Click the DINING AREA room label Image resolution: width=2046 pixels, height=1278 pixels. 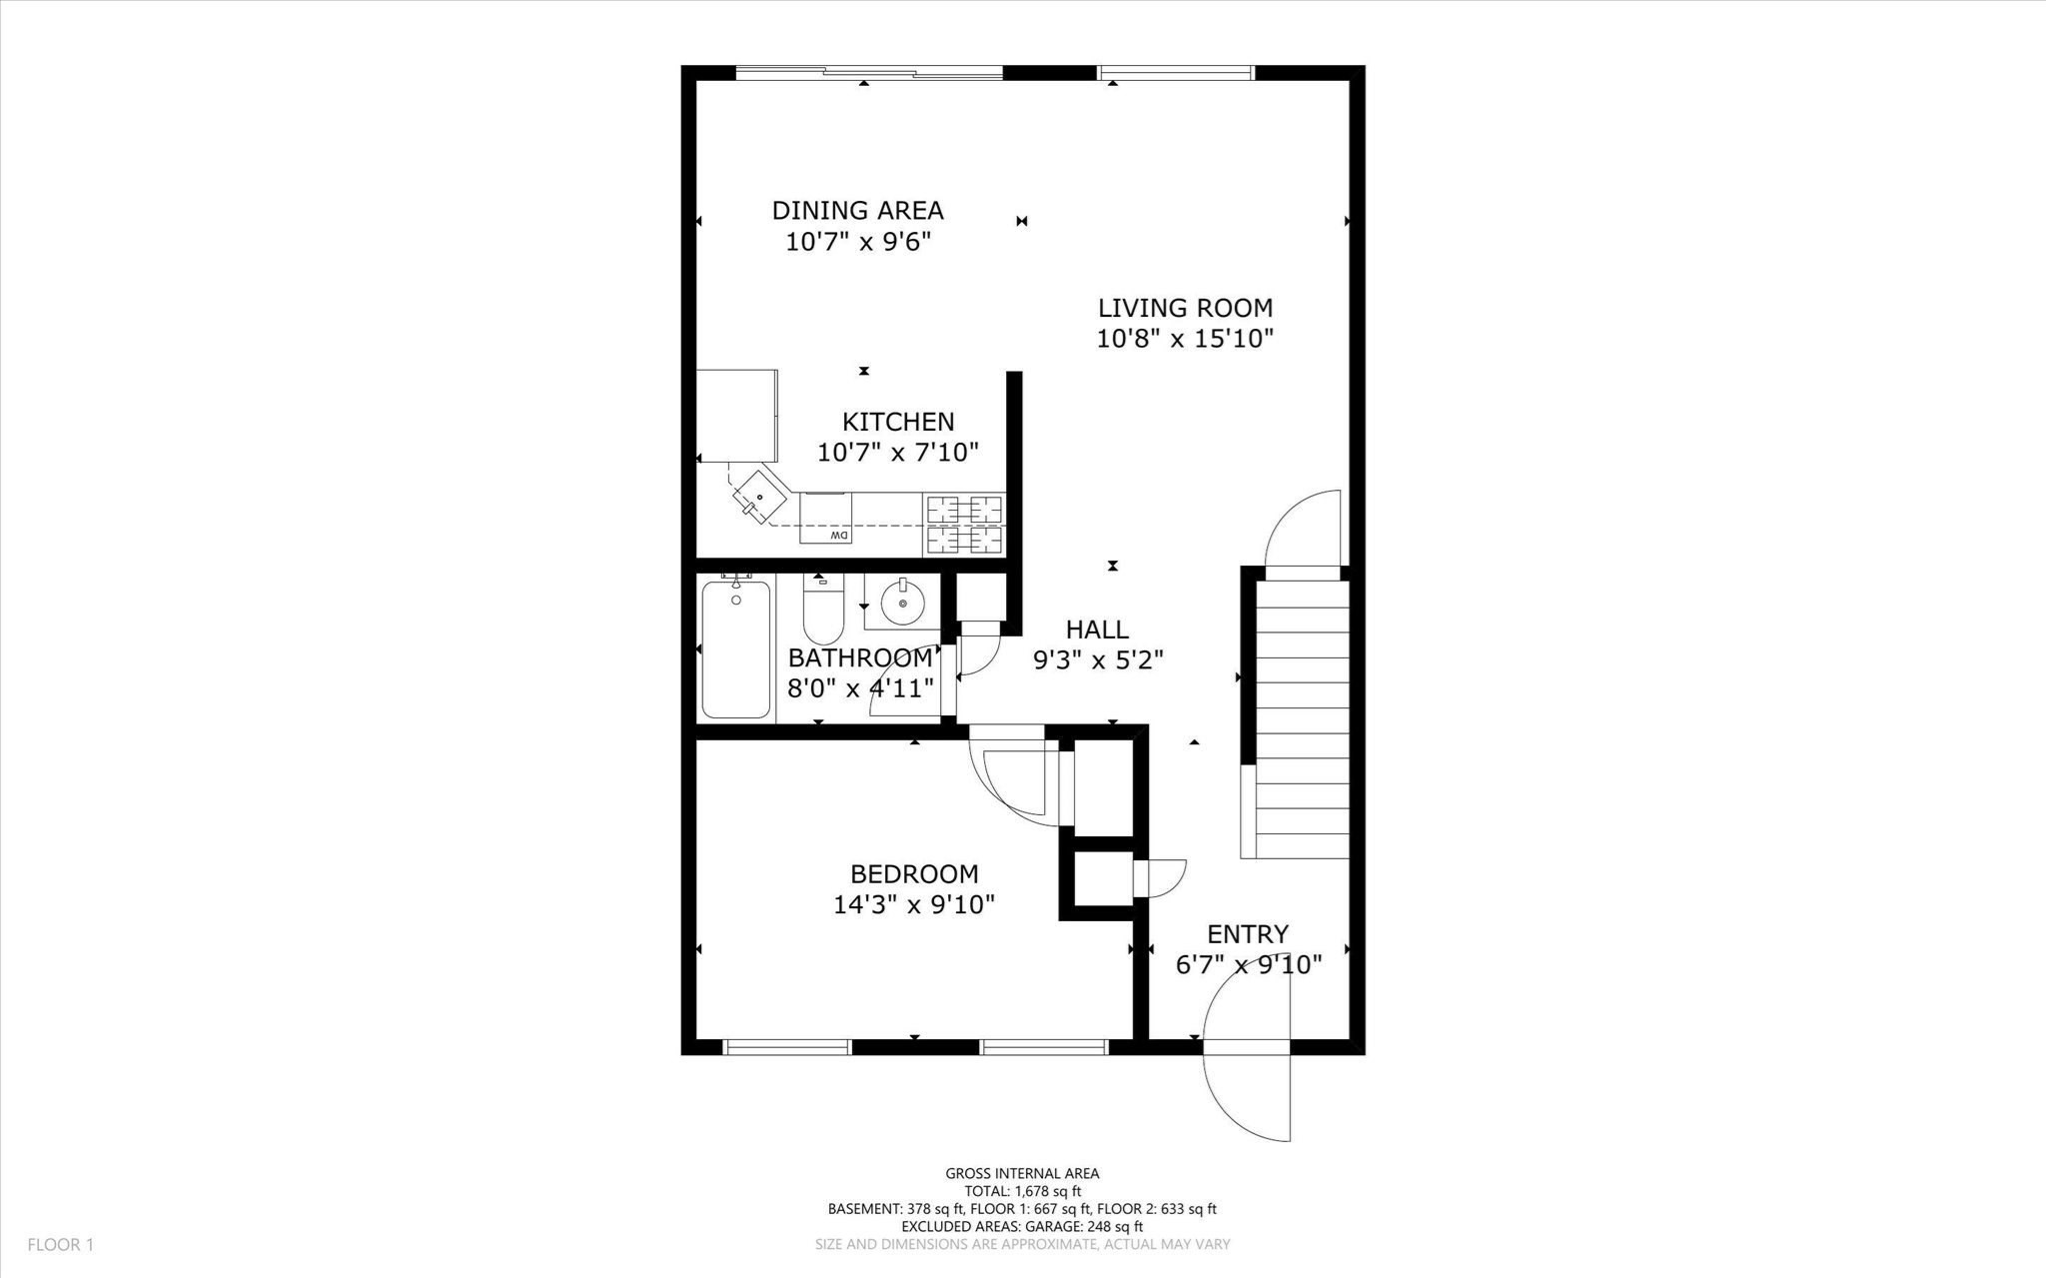857,211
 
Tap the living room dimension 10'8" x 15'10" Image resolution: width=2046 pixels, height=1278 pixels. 1185,339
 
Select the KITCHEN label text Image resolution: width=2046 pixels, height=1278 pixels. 897,422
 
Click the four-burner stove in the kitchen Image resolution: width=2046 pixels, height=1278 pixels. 964,525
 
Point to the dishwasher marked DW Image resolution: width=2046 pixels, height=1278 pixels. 825,520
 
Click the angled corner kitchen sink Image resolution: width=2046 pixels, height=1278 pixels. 759,495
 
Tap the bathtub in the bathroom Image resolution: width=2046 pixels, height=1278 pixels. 736,649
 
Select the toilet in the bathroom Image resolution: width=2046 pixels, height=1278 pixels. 823,611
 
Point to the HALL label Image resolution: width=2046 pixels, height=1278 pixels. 1097,630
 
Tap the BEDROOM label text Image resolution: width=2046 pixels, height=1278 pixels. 914,874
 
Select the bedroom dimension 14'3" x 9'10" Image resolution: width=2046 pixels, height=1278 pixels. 914,905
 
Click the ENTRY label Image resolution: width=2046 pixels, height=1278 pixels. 1248,934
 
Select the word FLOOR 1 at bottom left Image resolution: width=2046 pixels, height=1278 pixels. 60,1245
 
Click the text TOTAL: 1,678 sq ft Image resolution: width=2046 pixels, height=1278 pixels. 1022,1191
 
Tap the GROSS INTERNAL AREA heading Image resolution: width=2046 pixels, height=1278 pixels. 1022,1174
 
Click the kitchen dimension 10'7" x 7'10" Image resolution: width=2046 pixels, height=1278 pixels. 897,453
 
